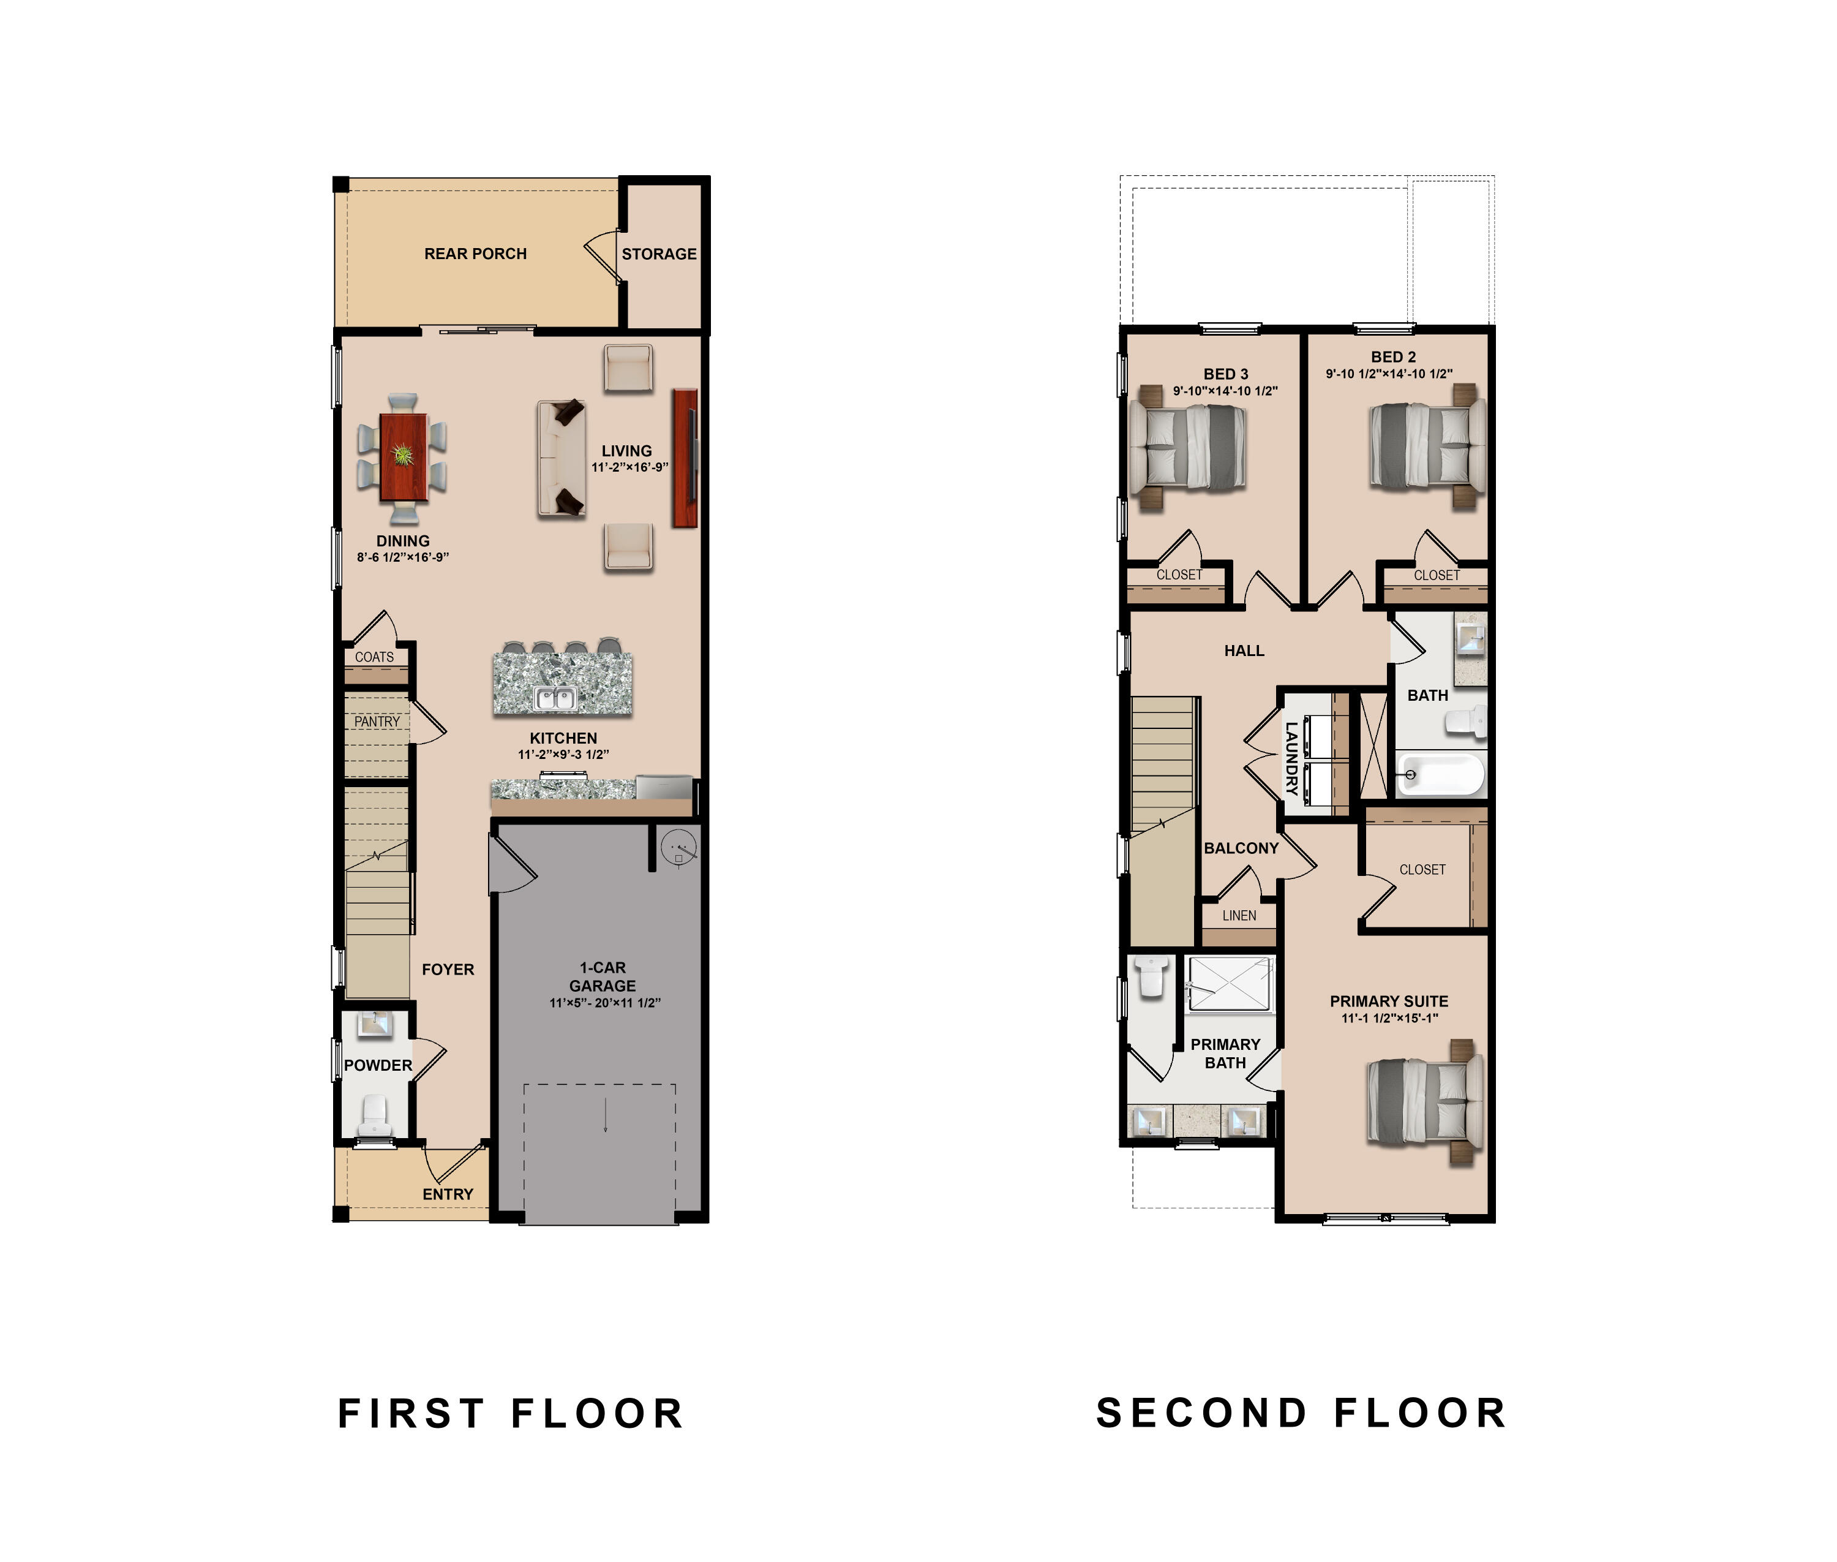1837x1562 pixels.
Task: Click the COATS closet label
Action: coord(375,657)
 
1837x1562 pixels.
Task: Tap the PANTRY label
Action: coord(377,722)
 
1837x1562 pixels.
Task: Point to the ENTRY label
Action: coord(448,1194)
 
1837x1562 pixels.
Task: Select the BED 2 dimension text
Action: coord(1389,374)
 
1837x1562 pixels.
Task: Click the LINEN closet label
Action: coord(1239,916)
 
